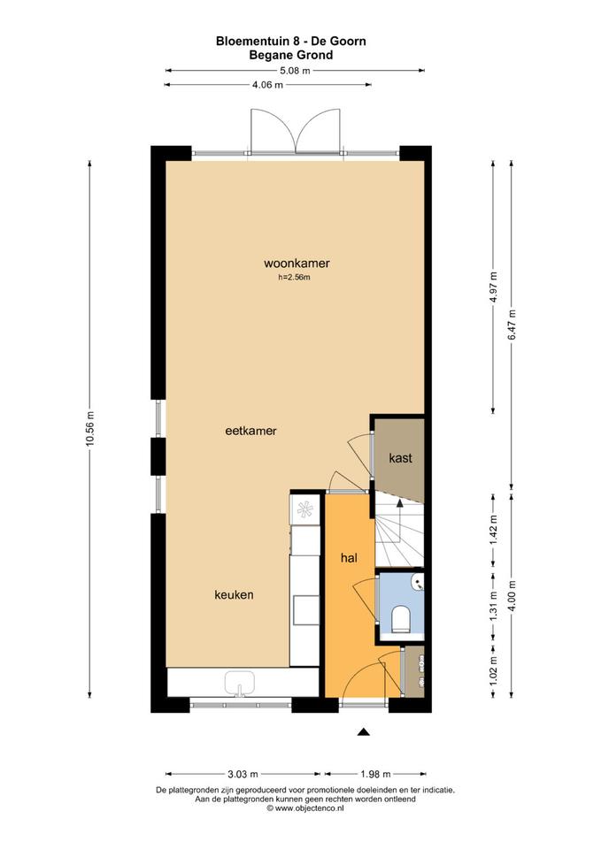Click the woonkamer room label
[x=297, y=264]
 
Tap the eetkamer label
[x=250, y=431]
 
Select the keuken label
[x=234, y=594]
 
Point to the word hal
[x=349, y=558]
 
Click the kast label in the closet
[x=400, y=458]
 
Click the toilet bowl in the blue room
[x=401, y=620]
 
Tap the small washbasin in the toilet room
[x=418, y=584]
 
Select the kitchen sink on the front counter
[x=240, y=683]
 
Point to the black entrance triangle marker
[x=363, y=732]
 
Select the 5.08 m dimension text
[x=295, y=71]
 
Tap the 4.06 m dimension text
[x=267, y=85]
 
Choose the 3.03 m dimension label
[x=243, y=775]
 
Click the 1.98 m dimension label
[x=375, y=775]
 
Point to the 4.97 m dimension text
[x=493, y=288]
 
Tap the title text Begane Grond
[x=291, y=55]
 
